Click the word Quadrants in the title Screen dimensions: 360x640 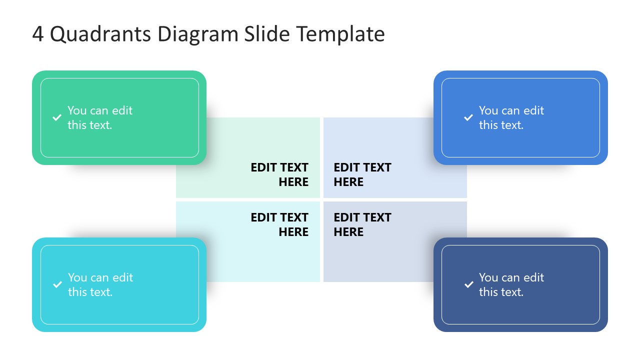[x=100, y=34]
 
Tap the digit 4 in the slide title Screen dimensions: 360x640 [x=38, y=34]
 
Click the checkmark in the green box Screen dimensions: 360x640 [x=57, y=118]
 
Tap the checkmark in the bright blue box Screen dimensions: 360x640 [x=468, y=118]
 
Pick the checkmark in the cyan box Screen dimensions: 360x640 [x=57, y=285]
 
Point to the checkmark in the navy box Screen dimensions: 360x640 [x=468, y=285]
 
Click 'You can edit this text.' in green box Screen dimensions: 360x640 [x=100, y=118]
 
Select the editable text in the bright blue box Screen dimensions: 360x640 [x=511, y=118]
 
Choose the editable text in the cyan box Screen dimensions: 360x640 [x=100, y=284]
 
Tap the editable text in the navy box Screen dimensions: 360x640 [x=511, y=284]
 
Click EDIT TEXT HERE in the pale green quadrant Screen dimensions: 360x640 [x=279, y=174]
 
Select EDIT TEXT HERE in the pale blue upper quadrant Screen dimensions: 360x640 [x=362, y=174]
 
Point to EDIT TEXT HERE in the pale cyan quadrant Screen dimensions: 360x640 [x=279, y=224]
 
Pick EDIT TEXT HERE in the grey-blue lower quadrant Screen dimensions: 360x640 [x=362, y=224]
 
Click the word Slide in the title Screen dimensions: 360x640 [x=267, y=34]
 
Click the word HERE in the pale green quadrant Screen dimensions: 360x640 [x=293, y=182]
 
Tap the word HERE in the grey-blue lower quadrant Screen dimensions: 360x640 [x=348, y=232]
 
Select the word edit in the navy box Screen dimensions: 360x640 [x=533, y=277]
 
